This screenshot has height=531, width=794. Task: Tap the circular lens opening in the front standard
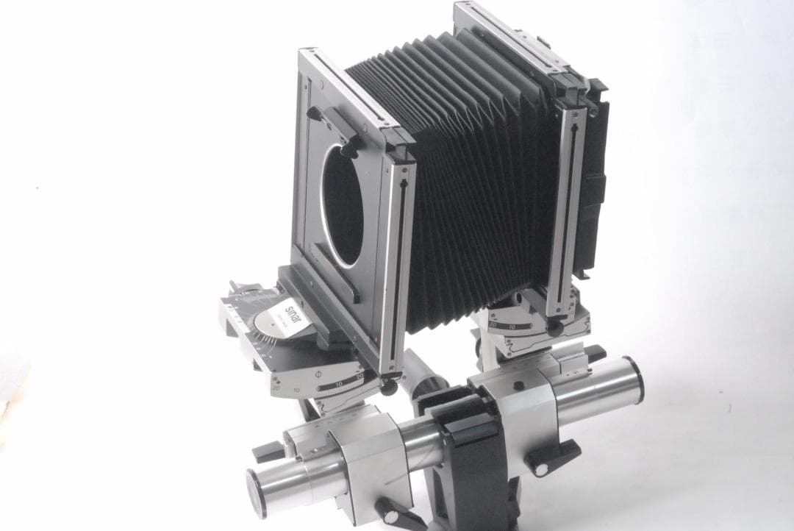(343, 204)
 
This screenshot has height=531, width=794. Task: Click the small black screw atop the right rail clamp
(518, 385)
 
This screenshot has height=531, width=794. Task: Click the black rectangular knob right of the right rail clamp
(594, 354)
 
